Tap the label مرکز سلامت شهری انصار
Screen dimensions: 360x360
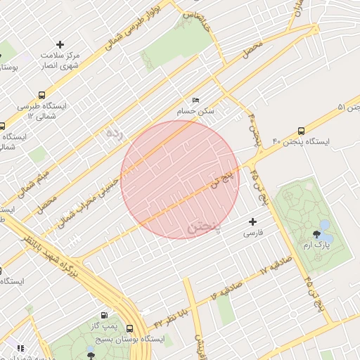(x=60, y=60)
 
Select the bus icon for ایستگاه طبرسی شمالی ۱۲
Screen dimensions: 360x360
(x=43, y=95)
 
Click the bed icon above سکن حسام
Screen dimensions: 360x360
(x=195, y=101)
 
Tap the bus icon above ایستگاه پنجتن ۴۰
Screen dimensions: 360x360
(x=302, y=130)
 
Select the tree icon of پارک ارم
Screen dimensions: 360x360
(x=324, y=226)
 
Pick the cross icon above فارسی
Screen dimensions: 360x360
(x=253, y=221)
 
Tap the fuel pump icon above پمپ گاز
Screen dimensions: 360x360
(x=104, y=316)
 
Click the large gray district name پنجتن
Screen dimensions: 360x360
(x=205, y=226)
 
